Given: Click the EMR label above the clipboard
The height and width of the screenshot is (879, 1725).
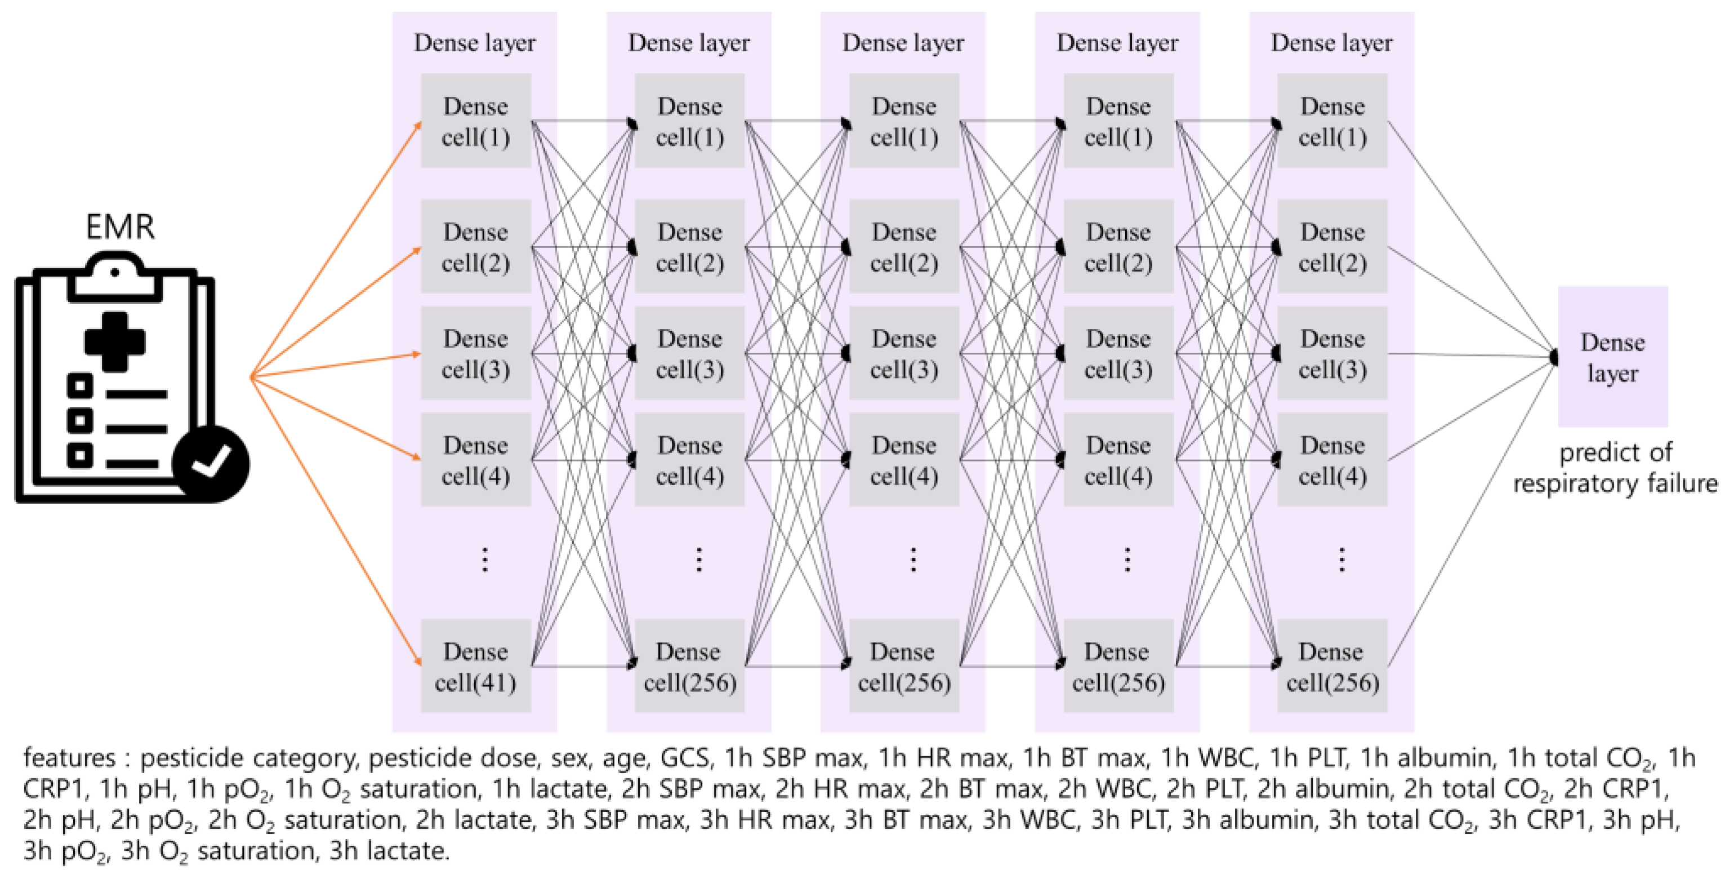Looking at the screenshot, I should [120, 227].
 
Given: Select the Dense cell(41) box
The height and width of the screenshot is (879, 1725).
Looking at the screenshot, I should [475, 666].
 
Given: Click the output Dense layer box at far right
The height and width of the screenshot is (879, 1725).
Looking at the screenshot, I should [1612, 357].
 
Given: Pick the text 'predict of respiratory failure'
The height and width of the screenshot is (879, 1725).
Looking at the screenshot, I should [1615, 468].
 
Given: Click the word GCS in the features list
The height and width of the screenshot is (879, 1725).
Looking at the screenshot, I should [684, 758].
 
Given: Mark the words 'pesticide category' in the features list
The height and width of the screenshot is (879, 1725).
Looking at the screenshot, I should [248, 758].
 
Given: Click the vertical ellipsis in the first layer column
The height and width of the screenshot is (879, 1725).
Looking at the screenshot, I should [485, 560].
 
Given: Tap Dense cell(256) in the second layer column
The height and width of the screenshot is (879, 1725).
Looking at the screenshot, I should [690, 666].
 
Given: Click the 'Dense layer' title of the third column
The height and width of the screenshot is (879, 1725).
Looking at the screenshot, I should [903, 43].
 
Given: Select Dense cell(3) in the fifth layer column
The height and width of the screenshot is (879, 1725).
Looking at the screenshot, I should [1332, 354].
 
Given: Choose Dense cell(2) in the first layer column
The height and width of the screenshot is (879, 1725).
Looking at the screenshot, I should [475, 247].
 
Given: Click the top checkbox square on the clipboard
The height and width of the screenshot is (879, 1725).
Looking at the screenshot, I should [79, 385].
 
